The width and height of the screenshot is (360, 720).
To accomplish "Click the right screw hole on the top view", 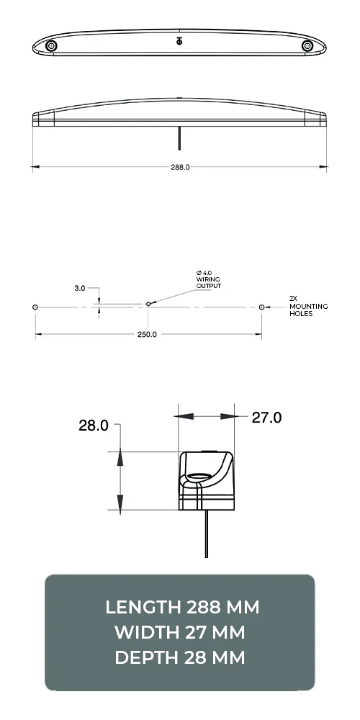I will click(308, 45).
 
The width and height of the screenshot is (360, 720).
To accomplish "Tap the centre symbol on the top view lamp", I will click(179, 41).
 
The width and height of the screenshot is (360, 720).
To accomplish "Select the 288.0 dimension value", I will click(179, 167).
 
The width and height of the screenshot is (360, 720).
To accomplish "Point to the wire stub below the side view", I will click(179, 135).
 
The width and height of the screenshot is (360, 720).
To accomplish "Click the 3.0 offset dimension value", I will click(79, 288).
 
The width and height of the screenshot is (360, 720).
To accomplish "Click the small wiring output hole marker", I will click(148, 304).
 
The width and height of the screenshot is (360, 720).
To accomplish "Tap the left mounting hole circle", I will click(35, 307).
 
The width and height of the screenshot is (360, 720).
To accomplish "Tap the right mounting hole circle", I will click(261, 307).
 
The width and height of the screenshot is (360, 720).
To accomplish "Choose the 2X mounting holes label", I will click(307, 306).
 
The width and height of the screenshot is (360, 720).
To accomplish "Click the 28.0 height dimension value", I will click(94, 426).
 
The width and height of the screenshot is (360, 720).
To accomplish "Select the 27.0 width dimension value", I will click(266, 418).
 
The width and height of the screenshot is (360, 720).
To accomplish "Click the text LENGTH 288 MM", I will click(180, 607).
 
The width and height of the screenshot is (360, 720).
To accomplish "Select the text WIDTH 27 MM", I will click(180, 632).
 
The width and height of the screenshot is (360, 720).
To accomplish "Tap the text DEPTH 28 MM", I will click(180, 657).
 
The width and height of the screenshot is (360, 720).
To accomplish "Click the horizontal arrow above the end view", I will click(207, 416).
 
